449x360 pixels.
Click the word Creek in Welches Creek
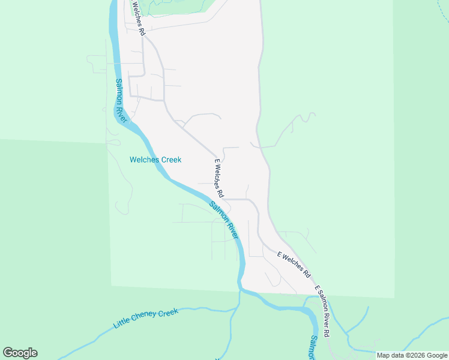(x=169, y=160)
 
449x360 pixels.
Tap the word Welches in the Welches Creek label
(x=143, y=160)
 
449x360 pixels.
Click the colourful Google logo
(x=20, y=353)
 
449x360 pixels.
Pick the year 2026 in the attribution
(x=414, y=355)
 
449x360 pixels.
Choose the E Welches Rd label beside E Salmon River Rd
(x=294, y=263)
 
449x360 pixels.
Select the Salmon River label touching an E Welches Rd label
(x=223, y=221)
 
